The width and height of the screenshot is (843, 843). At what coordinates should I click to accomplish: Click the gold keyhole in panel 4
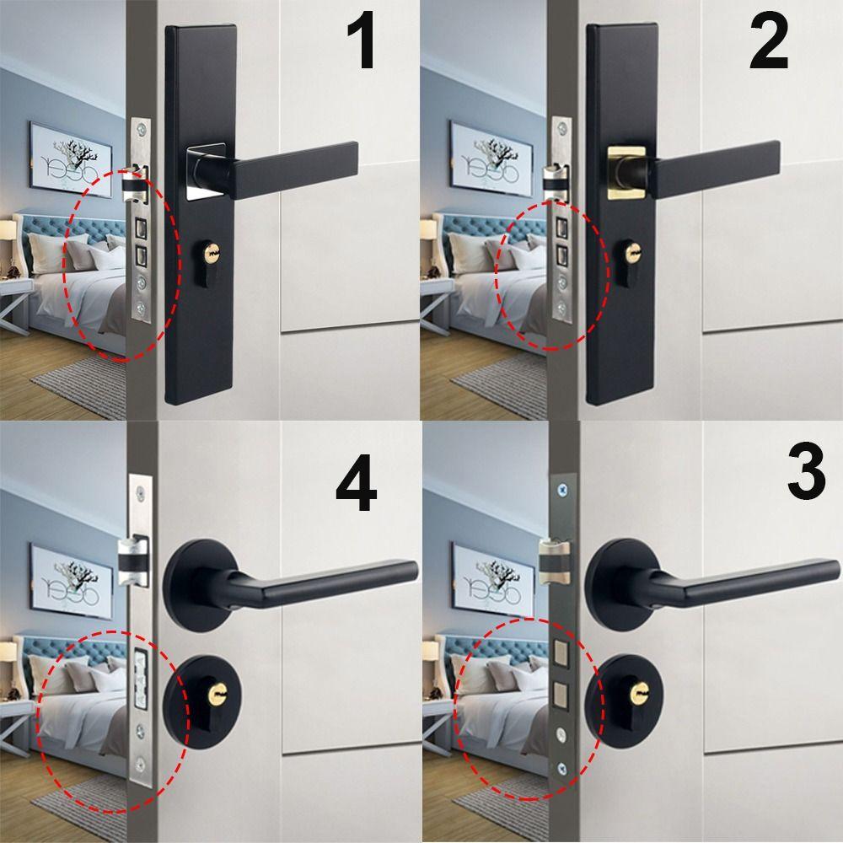pos(215,694)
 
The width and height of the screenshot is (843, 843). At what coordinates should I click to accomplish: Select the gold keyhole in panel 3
pos(636,693)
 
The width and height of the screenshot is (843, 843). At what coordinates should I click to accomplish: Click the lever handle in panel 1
pos(295,168)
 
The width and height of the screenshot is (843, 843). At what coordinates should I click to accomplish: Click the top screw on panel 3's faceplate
pos(559,488)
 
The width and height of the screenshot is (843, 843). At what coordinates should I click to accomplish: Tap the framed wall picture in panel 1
pos(72,155)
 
